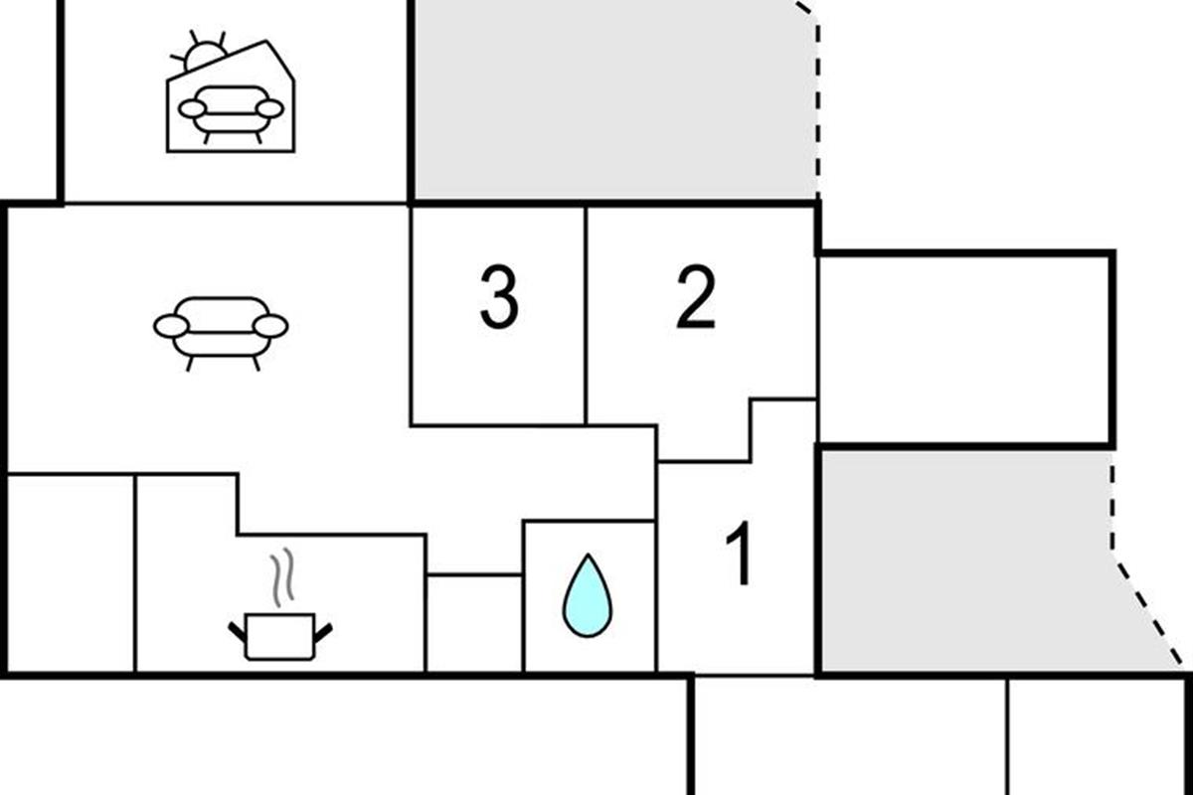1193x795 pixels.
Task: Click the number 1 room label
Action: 740,556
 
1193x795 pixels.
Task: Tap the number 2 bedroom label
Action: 696,298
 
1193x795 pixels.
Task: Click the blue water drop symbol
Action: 588,595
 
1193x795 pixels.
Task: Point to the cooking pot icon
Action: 279,637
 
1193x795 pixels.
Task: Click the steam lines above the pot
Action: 283,574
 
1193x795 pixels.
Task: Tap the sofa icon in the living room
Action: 221,328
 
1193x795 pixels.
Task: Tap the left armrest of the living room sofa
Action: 171,326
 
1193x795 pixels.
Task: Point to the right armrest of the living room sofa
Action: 270,326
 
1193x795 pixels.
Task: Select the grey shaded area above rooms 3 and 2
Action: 611,99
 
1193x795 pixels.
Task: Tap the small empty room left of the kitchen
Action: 71,573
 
